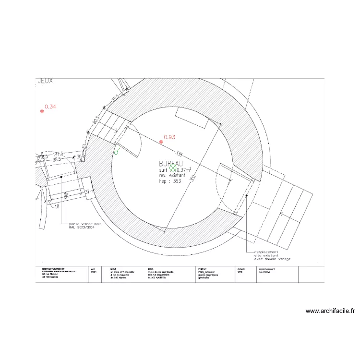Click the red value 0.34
tap(50, 107)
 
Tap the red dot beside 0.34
tap(42, 111)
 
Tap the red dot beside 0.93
tap(161, 142)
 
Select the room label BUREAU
tap(171, 163)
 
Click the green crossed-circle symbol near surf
tap(173, 168)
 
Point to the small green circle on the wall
tap(116, 152)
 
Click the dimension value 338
tap(180, 155)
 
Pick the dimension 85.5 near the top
tap(114, 98)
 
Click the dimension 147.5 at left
tap(59, 154)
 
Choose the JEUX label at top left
tap(45, 82)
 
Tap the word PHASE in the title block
tap(202, 269)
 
